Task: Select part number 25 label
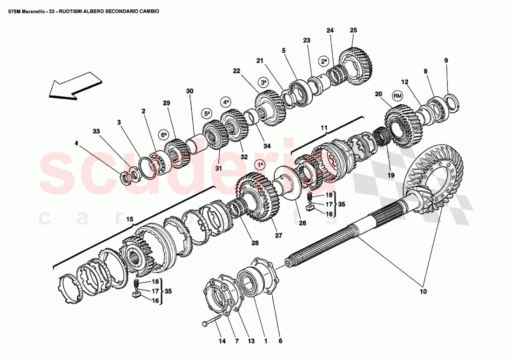point(353,30)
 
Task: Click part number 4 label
point(76,144)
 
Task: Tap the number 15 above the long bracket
point(129,219)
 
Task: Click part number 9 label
point(446,61)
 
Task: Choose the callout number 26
point(303,223)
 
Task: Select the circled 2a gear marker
point(323,61)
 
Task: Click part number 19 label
point(390,175)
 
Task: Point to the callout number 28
point(256,243)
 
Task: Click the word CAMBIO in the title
point(148,11)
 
